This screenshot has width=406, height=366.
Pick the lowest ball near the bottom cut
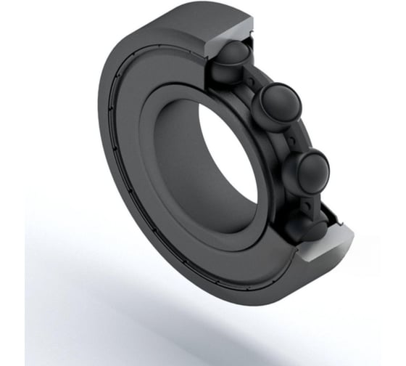[304, 226]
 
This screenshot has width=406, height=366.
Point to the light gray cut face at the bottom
[326, 251]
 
